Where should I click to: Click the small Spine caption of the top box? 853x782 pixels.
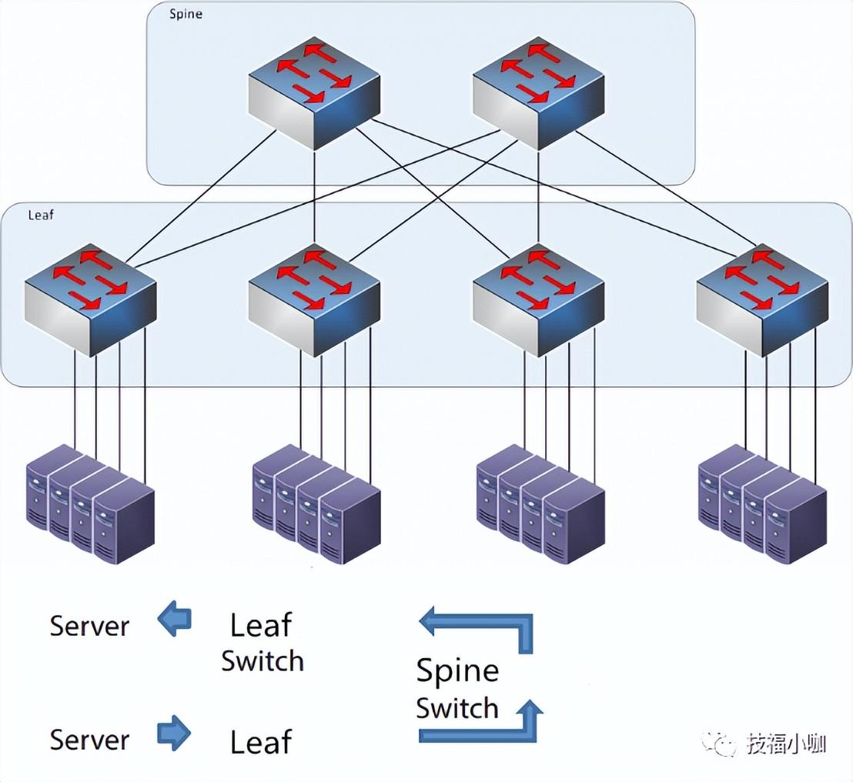coord(186,15)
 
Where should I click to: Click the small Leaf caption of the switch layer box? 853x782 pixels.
coord(41,216)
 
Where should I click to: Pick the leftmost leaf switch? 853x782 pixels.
coord(90,300)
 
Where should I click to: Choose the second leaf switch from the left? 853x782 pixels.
coord(314,300)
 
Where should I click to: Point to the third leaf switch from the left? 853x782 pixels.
coord(538,300)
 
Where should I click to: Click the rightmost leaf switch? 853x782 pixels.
coord(762,300)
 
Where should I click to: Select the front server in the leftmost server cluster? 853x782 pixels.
coord(124,522)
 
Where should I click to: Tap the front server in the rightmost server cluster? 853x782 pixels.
coord(796,522)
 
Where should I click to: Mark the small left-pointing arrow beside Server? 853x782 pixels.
coord(174,620)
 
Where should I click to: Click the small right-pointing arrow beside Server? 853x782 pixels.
coord(174,733)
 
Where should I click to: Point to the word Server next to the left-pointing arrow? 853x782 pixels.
coord(89,626)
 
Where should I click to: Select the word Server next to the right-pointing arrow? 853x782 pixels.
coord(89,740)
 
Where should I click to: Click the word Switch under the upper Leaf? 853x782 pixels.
coord(263,661)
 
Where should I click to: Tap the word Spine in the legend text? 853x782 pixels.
coord(457,671)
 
